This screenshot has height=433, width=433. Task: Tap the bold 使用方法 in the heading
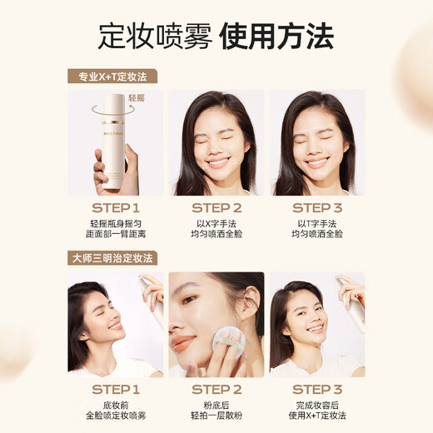(276, 36)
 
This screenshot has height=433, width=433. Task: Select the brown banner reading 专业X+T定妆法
(112, 77)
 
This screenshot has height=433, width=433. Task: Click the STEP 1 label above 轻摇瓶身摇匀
(117, 207)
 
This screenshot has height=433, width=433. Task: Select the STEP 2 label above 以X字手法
(216, 207)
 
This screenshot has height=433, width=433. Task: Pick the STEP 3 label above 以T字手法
(316, 207)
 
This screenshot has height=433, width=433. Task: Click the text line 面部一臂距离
(117, 235)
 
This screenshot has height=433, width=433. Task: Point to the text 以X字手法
(216, 222)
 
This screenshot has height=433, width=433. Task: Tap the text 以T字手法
(316, 222)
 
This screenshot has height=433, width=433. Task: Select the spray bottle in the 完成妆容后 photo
(353, 304)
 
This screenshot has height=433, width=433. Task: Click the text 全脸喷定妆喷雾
(117, 416)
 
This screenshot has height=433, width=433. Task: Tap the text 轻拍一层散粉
(216, 416)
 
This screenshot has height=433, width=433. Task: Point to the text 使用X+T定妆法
(316, 416)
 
